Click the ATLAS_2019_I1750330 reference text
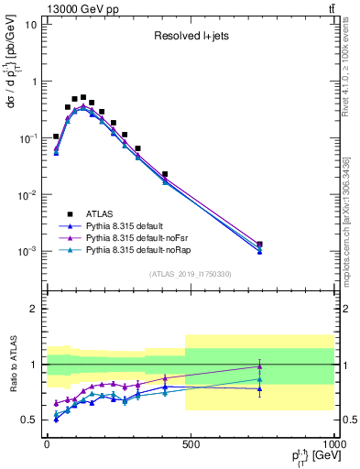coord(190,273)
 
